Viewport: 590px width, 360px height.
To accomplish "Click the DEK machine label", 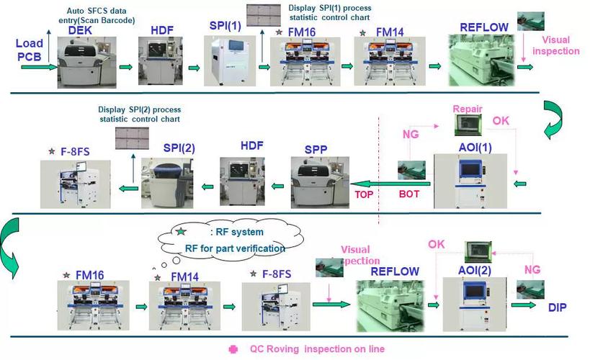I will click(x=81, y=30).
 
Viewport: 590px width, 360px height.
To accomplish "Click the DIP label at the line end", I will click(x=557, y=307).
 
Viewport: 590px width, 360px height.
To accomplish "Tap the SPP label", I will click(x=316, y=148).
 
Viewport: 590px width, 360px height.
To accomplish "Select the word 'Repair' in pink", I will click(x=467, y=109).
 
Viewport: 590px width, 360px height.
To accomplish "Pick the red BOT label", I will click(x=409, y=194).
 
